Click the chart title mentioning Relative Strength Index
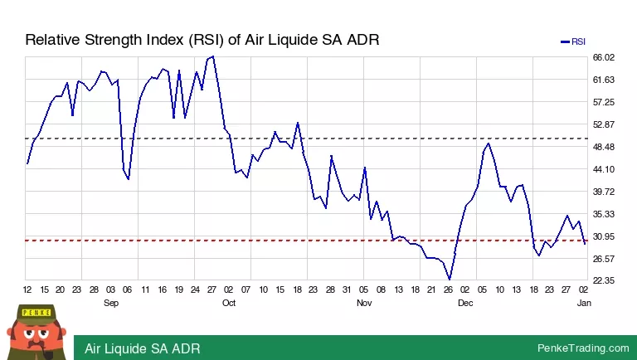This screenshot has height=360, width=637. pos(202,40)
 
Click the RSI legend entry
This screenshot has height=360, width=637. pos(573,41)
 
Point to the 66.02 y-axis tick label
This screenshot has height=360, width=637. pos(603,57)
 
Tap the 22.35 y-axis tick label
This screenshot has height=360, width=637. pos(603,281)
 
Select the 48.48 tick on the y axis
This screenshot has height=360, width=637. pos(603,147)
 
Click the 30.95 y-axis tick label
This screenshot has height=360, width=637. pos(603,236)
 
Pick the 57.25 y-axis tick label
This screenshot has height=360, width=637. pos(603,102)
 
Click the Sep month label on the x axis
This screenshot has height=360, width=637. pos(111,303)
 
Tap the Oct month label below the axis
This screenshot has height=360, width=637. pos(229,303)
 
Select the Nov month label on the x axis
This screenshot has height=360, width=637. pos(364,303)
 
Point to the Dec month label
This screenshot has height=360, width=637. pos(465,303)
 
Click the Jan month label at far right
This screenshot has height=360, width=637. pos(584,303)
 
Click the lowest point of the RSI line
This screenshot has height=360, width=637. pos(450,280)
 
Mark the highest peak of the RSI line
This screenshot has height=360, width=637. pos(213,56)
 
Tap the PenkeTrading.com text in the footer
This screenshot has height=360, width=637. pos(583,348)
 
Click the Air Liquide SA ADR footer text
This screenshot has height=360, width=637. pos(142,348)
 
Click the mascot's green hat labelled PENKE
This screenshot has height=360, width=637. pos(36,313)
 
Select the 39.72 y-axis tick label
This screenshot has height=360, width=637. pos(603,192)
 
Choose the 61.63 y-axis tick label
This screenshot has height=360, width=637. pos(603,80)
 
